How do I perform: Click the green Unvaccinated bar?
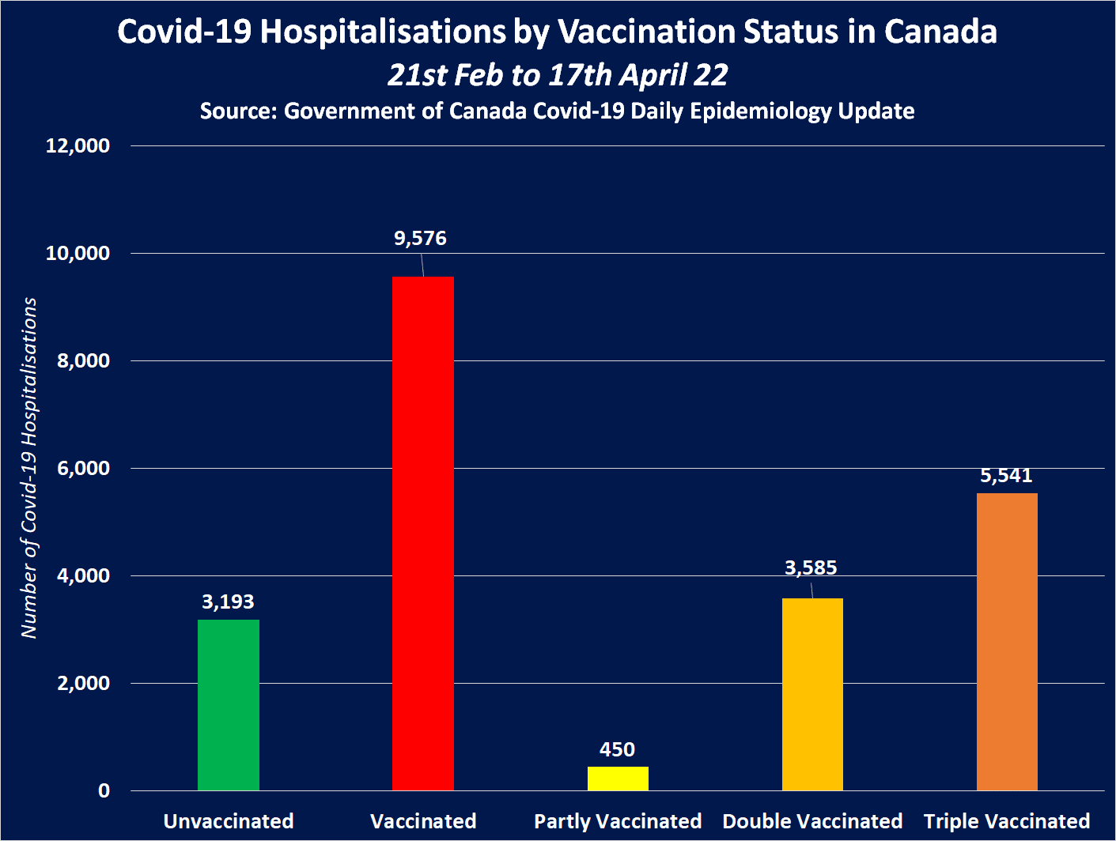pos(228,704)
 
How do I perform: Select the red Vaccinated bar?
pos(422,533)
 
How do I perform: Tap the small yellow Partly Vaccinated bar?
pos(618,778)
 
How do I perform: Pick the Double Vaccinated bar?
pos(812,694)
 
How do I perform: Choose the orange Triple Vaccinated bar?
pos(1007,641)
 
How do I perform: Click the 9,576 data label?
pos(420,239)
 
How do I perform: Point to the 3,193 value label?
pos(228,602)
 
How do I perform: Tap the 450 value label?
pos(617,749)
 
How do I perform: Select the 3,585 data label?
pos(811,568)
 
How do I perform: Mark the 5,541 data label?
pos(1006,476)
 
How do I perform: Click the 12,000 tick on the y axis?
pos(78,146)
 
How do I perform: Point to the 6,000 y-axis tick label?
pos(83,469)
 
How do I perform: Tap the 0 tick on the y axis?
pos(104,791)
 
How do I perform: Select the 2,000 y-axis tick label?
pos(83,684)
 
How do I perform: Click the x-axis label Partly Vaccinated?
pos(618,822)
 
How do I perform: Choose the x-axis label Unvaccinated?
pos(229,822)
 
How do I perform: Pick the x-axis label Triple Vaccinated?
pos(1007,822)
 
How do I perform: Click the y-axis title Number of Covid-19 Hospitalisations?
pos(29,468)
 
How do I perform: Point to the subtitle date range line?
pos(558,75)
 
